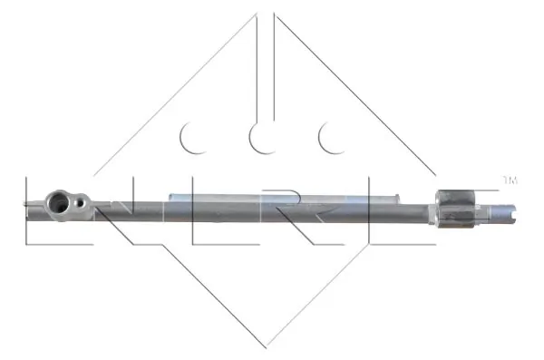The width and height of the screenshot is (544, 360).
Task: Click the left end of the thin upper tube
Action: [170, 195]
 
